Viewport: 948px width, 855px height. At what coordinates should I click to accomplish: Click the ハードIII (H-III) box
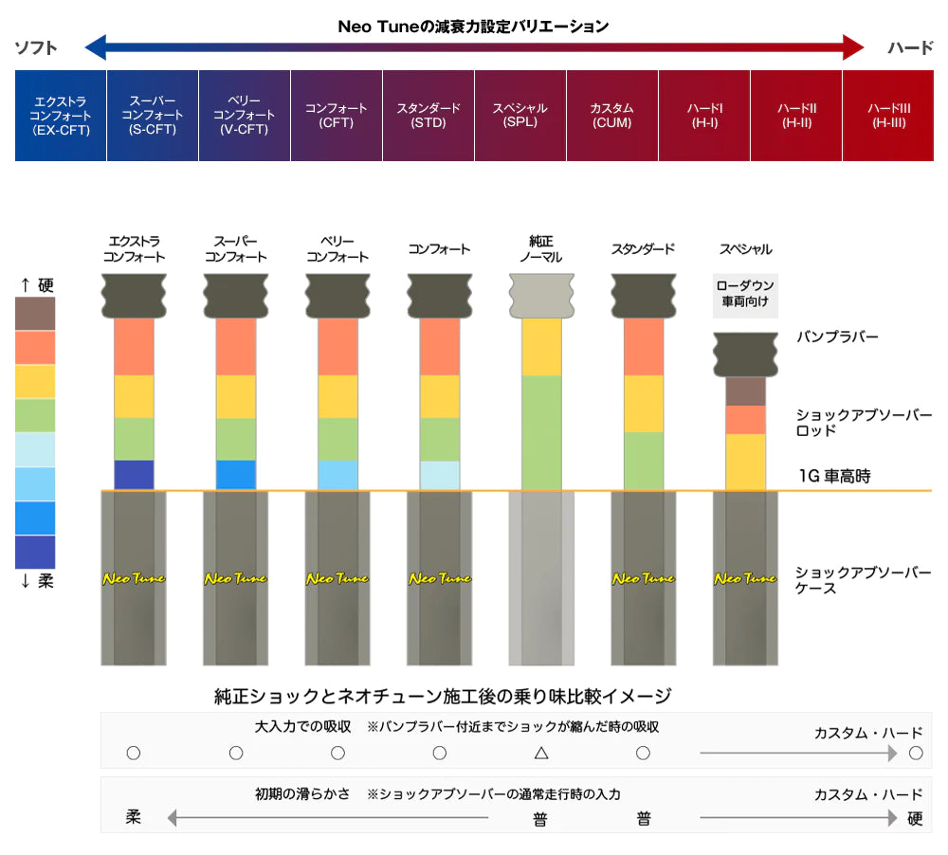tap(888, 115)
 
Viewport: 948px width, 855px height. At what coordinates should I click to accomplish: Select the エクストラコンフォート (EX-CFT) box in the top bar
tap(61, 115)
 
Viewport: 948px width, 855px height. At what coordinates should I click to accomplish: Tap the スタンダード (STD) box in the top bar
tap(428, 115)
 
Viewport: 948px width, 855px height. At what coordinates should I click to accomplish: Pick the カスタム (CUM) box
tap(611, 115)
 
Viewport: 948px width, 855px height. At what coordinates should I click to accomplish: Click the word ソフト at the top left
tap(36, 47)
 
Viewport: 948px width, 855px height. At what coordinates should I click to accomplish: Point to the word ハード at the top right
tap(910, 47)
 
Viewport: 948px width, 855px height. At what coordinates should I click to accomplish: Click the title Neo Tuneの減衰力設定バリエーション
tap(473, 27)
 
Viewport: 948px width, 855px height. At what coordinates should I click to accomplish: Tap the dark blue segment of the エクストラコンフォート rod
tap(134, 475)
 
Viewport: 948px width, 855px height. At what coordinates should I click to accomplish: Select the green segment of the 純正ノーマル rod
tap(541, 432)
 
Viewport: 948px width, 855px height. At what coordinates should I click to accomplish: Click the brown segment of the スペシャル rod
tap(745, 391)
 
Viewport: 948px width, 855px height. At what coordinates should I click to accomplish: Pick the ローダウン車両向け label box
tap(745, 295)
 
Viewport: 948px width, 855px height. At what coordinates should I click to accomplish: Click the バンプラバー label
tap(838, 337)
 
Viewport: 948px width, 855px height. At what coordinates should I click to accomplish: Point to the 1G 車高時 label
tap(834, 477)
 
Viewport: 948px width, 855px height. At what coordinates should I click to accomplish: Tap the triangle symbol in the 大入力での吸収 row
tap(541, 753)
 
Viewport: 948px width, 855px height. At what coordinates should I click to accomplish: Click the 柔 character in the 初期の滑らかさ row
tap(134, 817)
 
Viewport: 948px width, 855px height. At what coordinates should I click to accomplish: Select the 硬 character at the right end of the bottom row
tap(915, 819)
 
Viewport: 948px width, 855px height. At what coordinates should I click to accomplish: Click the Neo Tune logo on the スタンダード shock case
tap(644, 578)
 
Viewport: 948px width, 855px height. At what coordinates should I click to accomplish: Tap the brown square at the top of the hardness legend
tap(35, 314)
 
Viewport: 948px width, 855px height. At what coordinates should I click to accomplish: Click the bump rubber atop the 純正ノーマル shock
tap(541, 296)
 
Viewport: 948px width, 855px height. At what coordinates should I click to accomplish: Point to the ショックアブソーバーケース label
tap(863, 580)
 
